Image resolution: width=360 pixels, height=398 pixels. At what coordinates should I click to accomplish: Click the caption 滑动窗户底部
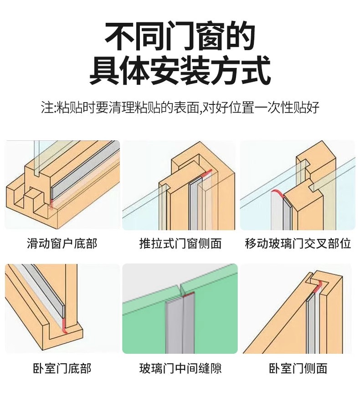(62, 243)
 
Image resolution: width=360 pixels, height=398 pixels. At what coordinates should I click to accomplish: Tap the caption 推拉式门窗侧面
(180, 243)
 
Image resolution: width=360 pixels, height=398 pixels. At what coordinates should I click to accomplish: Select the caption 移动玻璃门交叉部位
(298, 243)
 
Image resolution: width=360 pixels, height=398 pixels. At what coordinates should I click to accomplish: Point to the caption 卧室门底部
(62, 368)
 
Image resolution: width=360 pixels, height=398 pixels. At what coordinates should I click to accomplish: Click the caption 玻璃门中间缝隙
(180, 368)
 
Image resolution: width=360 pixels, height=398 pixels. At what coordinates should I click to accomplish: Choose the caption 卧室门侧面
(298, 368)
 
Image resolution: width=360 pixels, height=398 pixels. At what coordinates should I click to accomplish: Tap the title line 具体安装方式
(180, 71)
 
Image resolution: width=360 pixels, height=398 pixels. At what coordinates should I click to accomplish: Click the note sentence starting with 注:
(180, 108)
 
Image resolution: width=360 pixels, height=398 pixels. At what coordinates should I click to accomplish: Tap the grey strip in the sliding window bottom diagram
(87, 169)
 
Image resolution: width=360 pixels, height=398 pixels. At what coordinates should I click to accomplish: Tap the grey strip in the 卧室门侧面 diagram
(314, 319)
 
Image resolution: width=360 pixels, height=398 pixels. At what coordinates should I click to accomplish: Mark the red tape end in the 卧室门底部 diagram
(64, 325)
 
